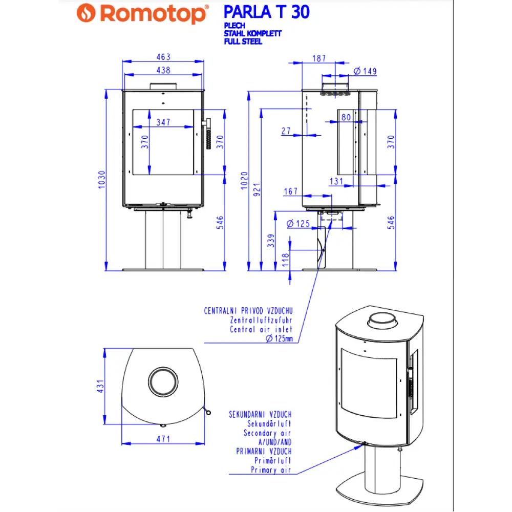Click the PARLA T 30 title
(266, 12)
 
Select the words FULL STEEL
(243, 41)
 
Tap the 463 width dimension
(163, 57)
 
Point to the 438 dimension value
(163, 70)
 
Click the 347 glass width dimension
(163, 122)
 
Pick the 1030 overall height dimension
(102, 179)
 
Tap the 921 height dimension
(258, 189)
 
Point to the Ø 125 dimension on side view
(298, 223)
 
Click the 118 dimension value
(285, 261)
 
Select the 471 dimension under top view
(163, 439)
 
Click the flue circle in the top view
(164, 381)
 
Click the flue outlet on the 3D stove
(380, 322)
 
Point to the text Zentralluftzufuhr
(261, 320)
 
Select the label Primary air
(271, 470)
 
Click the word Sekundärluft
(269, 424)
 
